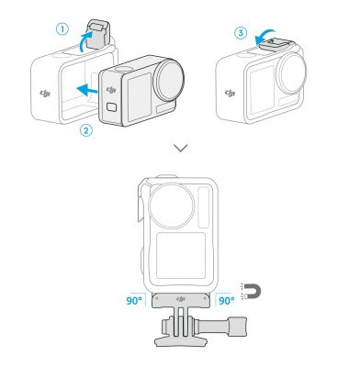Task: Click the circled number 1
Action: coord(63,28)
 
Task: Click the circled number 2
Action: coord(84,129)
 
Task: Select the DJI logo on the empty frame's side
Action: coord(46,93)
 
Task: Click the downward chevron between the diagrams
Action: coord(181,149)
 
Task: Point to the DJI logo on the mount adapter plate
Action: coord(180,299)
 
